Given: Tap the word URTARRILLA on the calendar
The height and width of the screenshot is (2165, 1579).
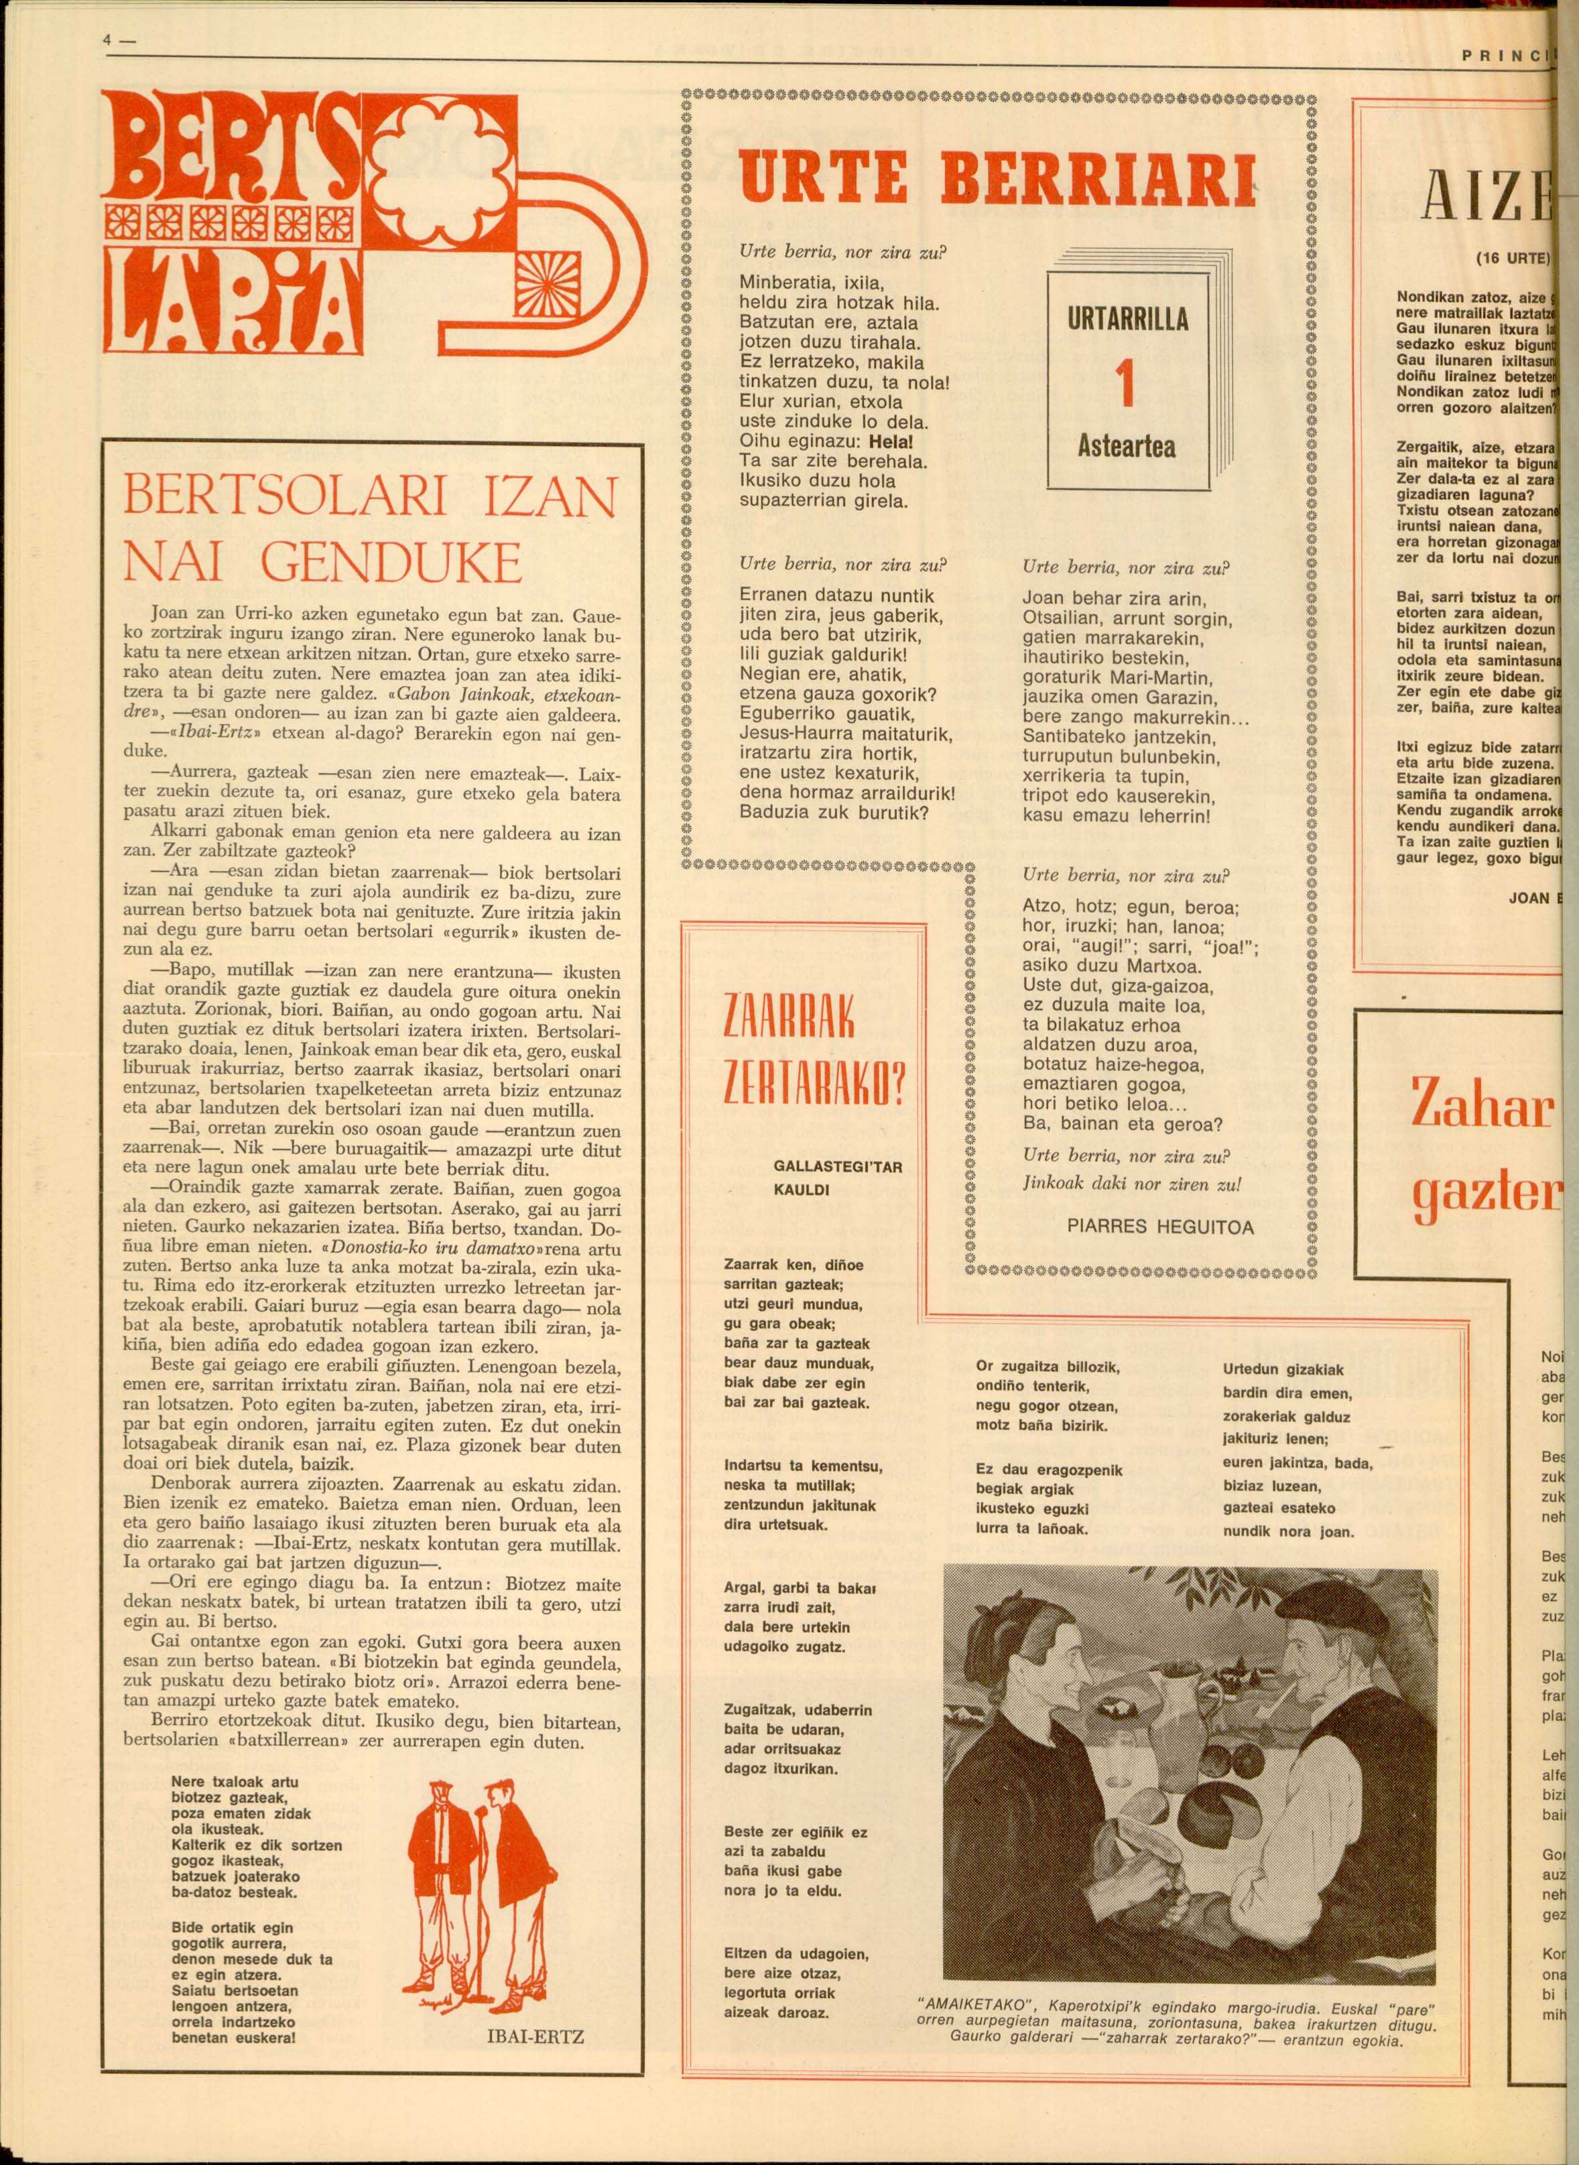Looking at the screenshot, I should pos(1127,319).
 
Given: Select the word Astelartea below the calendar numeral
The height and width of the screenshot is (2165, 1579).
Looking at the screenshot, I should pos(1127,446).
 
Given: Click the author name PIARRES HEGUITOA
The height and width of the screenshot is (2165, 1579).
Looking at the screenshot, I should pos(1159,1227).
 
